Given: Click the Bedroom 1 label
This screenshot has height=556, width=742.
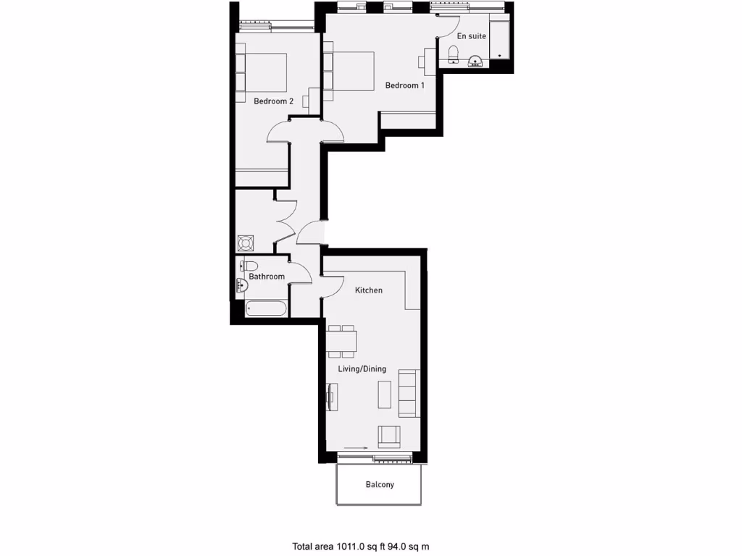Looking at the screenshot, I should coord(404,85).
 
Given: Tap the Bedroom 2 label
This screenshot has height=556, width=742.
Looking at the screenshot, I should coord(273,101).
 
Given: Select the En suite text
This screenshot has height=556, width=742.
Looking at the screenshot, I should coord(471,35).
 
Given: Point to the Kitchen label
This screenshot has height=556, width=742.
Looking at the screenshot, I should coord(368,290).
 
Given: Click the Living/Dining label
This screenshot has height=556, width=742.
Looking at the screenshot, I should coord(362,368).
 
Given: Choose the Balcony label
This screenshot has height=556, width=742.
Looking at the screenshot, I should coord(380,484).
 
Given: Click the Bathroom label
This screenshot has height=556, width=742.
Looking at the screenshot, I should coord(267,277).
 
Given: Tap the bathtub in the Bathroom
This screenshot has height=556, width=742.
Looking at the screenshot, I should coord(266,309).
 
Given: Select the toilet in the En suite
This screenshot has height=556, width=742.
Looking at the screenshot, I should coord(454,54).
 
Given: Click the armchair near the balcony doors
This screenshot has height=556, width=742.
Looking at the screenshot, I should coord(388,435).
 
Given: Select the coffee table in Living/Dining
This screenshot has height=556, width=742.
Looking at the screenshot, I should coord(384,394).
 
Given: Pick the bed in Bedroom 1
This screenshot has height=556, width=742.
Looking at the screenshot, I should coord(349,70).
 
